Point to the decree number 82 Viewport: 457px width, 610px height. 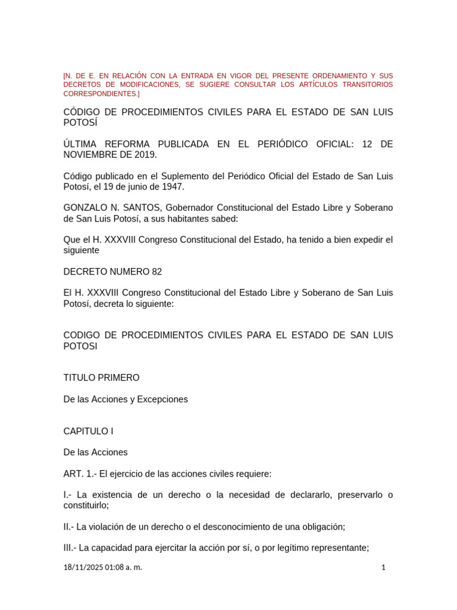coord(156,272)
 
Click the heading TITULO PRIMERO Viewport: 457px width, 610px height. coord(101,378)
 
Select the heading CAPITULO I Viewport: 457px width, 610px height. coord(88,431)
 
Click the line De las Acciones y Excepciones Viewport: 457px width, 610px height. coord(126,399)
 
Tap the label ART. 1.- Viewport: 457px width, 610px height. coord(80,474)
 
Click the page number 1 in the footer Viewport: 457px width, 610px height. coord(383,568)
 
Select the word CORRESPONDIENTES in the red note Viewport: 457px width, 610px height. coord(100,94)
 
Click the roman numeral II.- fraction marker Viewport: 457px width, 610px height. coord(68,527)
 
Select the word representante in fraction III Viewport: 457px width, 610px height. coord(341,548)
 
